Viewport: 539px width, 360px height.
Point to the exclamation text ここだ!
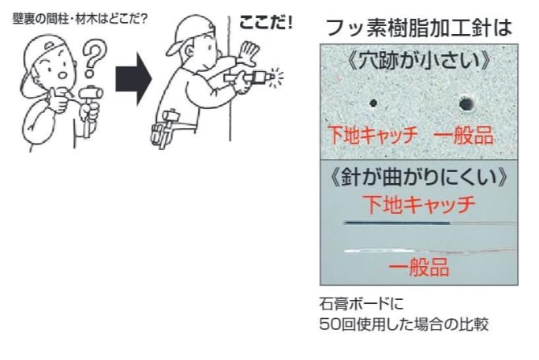coord(265,23)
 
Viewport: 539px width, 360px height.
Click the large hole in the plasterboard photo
coord(466,103)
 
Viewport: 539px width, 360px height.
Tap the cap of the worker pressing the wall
coord(189,36)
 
